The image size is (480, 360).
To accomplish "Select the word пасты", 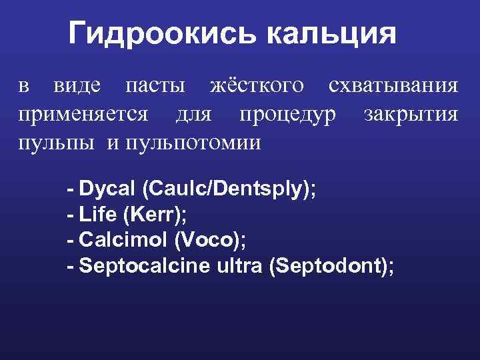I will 156,85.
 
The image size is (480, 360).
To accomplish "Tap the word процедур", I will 289,114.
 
